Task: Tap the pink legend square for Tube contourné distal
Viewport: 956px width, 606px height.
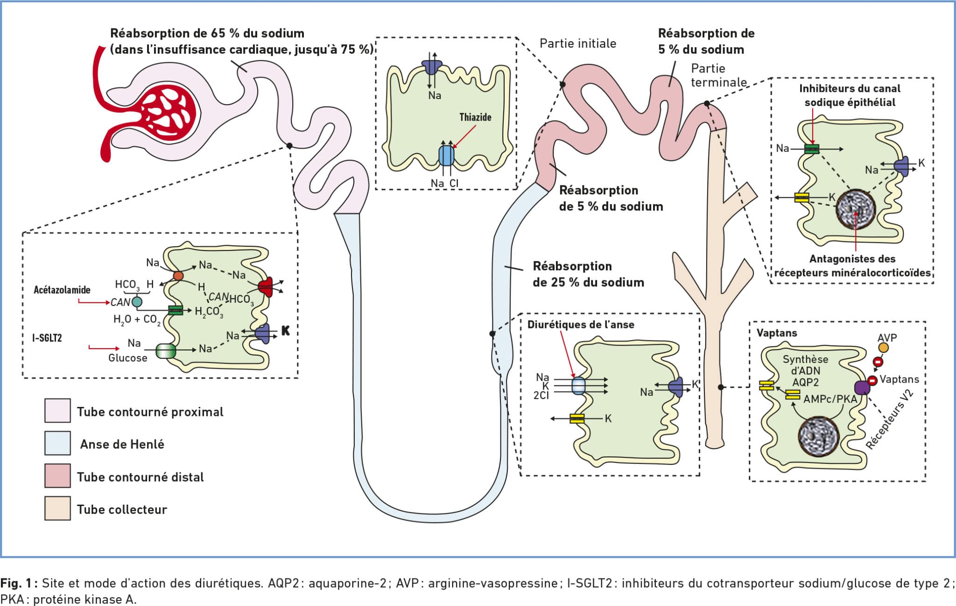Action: (x=57, y=476)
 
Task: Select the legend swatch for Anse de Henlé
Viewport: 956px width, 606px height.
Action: (x=57, y=443)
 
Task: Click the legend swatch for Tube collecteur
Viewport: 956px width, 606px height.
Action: (x=57, y=508)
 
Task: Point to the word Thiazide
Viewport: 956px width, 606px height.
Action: (x=475, y=117)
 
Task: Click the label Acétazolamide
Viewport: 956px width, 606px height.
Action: (x=62, y=290)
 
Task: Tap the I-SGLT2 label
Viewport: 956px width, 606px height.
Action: (x=47, y=337)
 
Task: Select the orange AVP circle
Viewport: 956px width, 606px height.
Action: (x=883, y=348)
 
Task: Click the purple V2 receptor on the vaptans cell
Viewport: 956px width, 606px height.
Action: (x=862, y=387)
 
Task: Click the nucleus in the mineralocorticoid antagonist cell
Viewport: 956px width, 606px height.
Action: (x=855, y=209)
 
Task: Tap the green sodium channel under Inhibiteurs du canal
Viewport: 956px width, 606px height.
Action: (x=812, y=149)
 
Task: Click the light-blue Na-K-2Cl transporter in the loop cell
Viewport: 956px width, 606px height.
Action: (x=578, y=386)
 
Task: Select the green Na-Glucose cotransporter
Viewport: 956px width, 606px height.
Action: (x=166, y=351)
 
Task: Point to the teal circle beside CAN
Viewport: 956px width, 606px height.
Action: (x=137, y=302)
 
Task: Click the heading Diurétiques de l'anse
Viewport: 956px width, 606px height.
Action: (x=581, y=324)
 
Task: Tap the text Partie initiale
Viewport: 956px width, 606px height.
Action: (x=578, y=43)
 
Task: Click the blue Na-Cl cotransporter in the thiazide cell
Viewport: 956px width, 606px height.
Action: (x=446, y=155)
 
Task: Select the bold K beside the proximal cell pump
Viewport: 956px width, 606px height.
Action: (x=285, y=331)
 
